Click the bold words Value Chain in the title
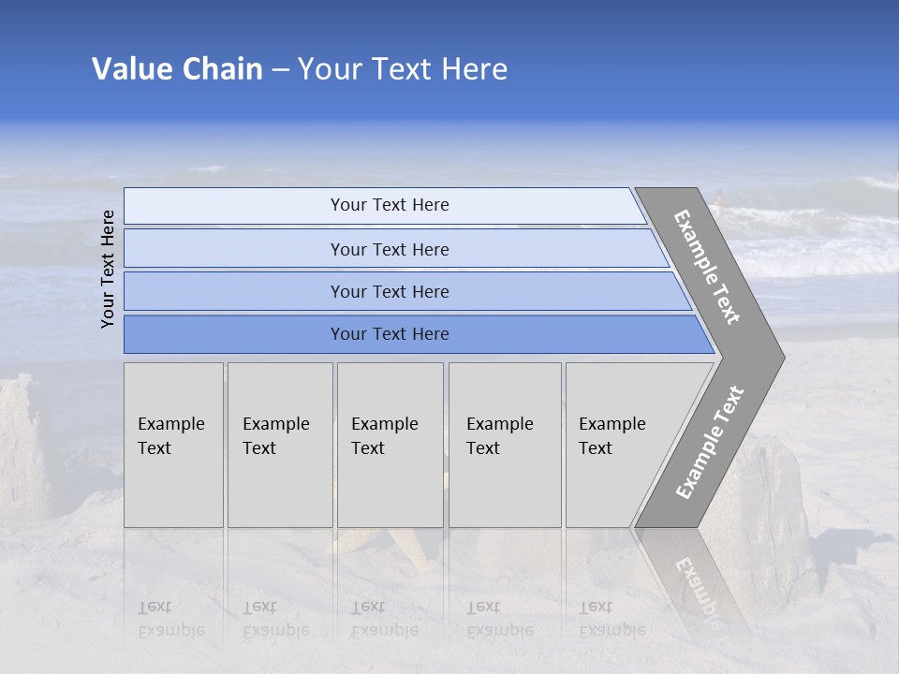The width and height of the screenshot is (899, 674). tap(177, 69)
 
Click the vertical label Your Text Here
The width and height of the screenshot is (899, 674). tap(108, 269)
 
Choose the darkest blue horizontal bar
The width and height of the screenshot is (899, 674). tap(234, 334)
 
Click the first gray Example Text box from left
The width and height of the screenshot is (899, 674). tap(173, 445)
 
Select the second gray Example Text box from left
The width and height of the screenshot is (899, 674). tap(280, 445)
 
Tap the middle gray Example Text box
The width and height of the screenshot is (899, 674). tap(390, 445)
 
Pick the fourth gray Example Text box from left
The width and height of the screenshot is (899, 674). tap(505, 445)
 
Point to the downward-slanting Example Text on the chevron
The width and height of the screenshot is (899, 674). tap(707, 267)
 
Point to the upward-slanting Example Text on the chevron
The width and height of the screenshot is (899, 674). tap(710, 442)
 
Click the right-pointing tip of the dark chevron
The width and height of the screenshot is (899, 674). tap(778, 357)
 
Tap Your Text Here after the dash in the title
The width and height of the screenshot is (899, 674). tap(403, 69)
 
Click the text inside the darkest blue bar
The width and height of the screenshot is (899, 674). tap(390, 334)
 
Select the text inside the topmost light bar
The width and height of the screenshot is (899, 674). tap(390, 205)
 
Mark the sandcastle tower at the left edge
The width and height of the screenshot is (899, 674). tap(23, 440)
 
